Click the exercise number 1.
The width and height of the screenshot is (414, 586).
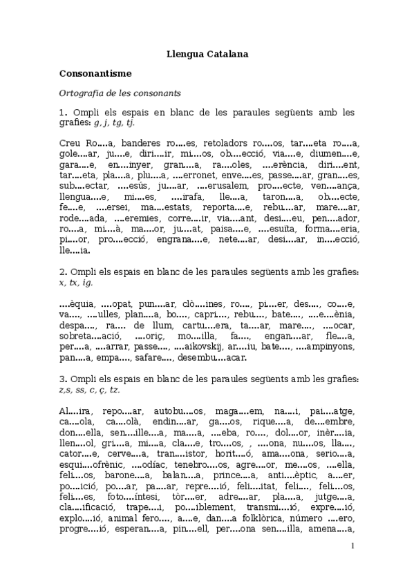[62, 112]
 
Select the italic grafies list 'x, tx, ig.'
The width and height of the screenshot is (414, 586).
[75, 283]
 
